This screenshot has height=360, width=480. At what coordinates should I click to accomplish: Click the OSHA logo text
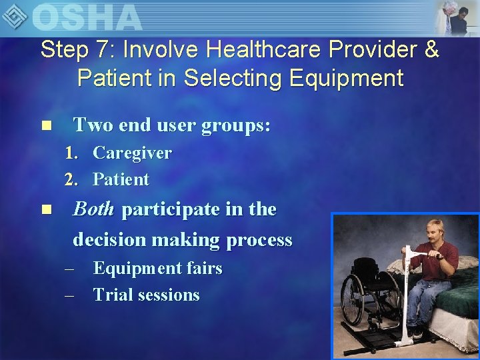pos(87,17)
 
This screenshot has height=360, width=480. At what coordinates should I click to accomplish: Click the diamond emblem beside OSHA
pos(16,16)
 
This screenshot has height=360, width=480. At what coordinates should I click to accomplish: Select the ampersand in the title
pos(431,50)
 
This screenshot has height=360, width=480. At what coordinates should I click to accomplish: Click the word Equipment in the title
pos(347,79)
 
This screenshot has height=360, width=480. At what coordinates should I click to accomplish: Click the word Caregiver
pos(132,153)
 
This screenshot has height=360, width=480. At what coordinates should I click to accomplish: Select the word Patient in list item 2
pos(121,179)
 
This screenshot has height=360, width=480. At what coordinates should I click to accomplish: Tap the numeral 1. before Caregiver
pos(71,153)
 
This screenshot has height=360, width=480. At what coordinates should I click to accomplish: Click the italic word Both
pos(93,209)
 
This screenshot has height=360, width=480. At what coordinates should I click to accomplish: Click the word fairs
pos(204,269)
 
